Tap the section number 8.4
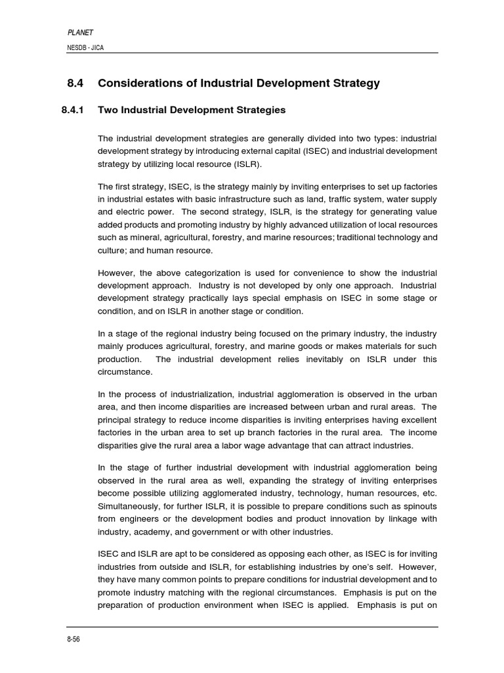[x=77, y=83]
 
